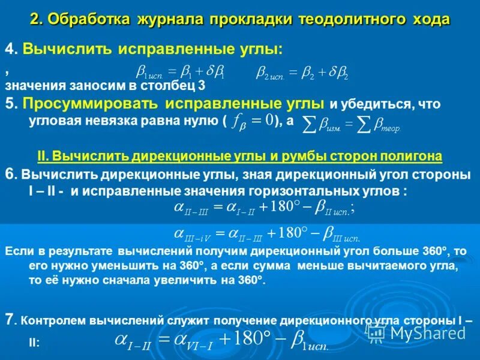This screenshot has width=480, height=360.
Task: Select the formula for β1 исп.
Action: [180, 73]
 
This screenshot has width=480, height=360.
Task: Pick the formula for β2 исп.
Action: [302, 73]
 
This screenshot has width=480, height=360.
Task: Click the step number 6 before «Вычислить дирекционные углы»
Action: [8, 175]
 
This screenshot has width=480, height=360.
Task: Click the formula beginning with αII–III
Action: [264, 208]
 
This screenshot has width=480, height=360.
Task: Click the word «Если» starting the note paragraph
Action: [16, 251]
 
